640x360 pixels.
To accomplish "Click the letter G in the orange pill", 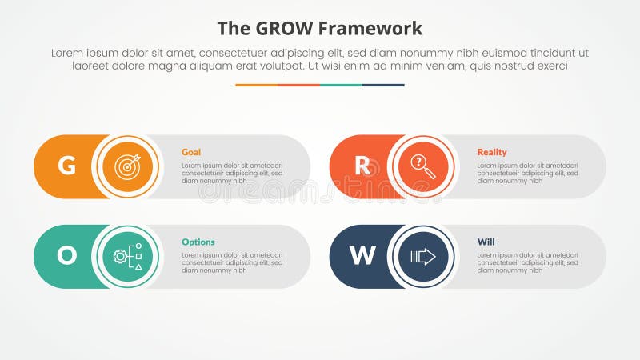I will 67,166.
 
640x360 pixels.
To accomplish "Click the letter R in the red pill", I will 362,166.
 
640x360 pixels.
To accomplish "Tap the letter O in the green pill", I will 67,255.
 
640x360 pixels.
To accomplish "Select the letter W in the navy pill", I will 362,255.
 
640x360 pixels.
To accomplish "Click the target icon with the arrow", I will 127,166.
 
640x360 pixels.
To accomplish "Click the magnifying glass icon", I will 422,166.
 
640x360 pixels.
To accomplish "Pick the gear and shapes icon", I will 127,256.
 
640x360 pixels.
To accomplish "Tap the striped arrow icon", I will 422,256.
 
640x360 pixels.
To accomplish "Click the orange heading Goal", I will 191,152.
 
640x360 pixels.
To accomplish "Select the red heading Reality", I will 492,152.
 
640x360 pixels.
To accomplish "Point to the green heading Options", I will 198,242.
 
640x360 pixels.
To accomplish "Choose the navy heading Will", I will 486,242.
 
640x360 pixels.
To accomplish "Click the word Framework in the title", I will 371,29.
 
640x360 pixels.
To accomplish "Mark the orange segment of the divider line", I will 256,85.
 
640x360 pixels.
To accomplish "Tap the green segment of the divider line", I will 341,85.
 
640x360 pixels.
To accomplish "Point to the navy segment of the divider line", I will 383,85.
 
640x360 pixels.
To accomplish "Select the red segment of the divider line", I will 298,85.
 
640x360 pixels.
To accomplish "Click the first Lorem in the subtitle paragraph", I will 67,52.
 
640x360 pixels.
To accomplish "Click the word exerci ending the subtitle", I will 549,66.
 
